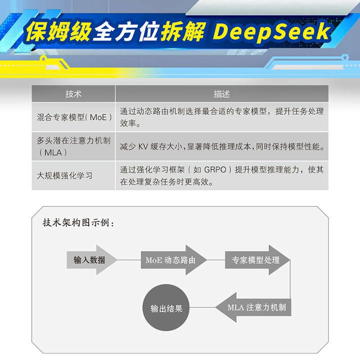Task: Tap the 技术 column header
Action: (x=73, y=94)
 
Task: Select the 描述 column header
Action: (x=221, y=94)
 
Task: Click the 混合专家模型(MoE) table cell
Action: (x=74, y=117)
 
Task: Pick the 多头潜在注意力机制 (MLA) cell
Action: (x=74, y=146)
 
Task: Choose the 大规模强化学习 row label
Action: (x=65, y=175)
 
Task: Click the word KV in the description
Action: (x=143, y=147)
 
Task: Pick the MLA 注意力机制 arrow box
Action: (x=256, y=308)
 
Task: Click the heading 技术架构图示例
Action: (x=79, y=223)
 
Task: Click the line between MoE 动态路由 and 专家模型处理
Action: (x=216, y=260)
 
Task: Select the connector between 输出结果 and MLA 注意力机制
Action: (x=202, y=308)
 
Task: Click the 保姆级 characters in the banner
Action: (x=58, y=31)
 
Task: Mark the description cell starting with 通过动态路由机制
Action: (x=221, y=117)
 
